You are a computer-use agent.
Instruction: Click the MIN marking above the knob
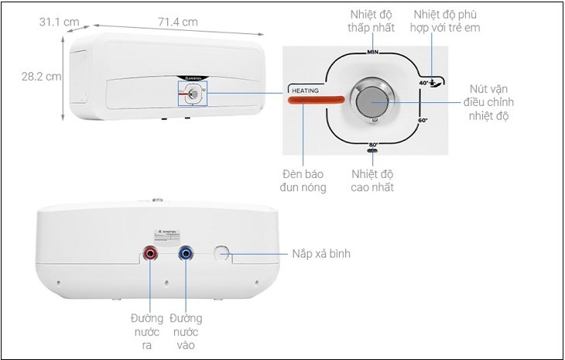[372, 53]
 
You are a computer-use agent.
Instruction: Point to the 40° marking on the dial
[425, 81]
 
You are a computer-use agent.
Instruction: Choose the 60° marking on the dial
[423, 122]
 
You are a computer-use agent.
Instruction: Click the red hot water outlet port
[149, 252]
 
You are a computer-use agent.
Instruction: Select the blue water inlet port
[185, 252]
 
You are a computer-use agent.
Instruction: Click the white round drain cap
[222, 252]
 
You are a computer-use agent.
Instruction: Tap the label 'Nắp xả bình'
[328, 253]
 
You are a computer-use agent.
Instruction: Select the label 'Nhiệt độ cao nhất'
[372, 180]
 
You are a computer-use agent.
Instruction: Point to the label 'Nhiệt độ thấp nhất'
[370, 21]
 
